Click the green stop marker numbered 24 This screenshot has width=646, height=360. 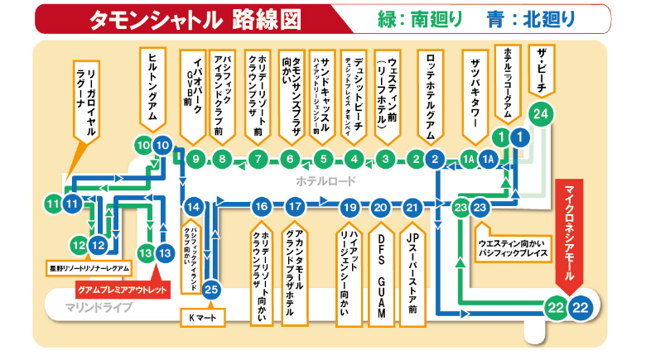pos(541,113)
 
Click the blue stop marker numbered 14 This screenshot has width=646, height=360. pos(194,207)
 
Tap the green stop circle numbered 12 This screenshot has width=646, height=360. pos(79,245)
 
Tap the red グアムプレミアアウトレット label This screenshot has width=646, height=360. pos(122,290)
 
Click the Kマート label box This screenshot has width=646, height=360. pos(201,315)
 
